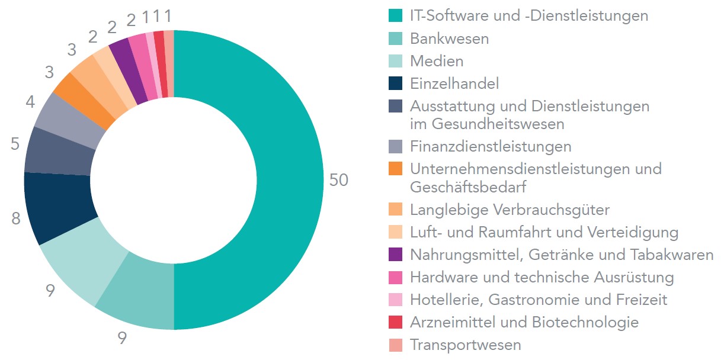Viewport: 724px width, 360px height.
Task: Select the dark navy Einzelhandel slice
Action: pyautogui.click(x=59, y=207)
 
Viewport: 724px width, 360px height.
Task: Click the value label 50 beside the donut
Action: pyautogui.click(x=339, y=181)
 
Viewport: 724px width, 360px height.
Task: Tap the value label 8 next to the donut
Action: pyautogui.click(x=15, y=218)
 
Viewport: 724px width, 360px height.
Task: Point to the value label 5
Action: pyautogui.click(x=15, y=144)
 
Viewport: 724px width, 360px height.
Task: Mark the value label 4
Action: pyautogui.click(x=30, y=101)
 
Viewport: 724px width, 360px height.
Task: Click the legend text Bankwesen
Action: pyautogui.click(x=449, y=39)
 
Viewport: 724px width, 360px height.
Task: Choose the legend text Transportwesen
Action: pyautogui.click(x=466, y=345)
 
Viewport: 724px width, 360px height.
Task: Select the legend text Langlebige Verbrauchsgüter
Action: pyautogui.click(x=510, y=210)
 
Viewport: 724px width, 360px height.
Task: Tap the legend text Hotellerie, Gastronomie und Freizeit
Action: pyautogui.click(x=539, y=300)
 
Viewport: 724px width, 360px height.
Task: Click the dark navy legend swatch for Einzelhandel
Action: pyautogui.click(x=396, y=83)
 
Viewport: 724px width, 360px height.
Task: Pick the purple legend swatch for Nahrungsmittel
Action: pyautogui.click(x=396, y=255)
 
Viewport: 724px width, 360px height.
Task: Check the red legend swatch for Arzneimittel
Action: pyautogui.click(x=396, y=322)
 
